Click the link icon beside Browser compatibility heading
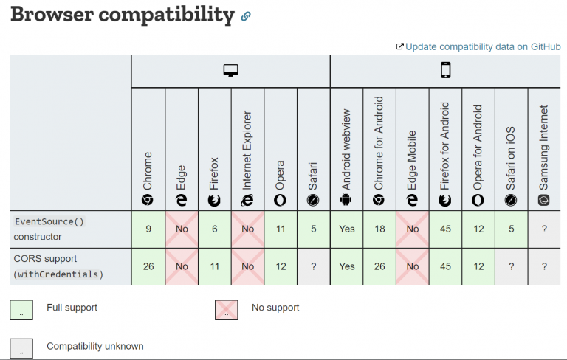246,15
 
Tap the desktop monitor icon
231,71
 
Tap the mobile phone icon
445,71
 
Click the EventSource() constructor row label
48,229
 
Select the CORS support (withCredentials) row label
58,266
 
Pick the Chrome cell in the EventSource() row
148,229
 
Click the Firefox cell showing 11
214,266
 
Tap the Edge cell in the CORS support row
182,266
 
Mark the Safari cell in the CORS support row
314,266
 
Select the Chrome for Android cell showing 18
379,229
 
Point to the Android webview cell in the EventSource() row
346,229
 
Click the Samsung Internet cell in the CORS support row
544,266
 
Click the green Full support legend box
21,308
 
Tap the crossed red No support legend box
226,308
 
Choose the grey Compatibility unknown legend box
21,347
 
